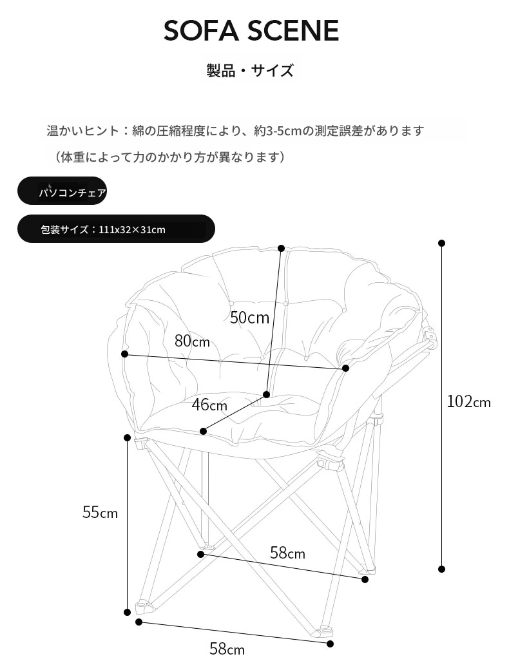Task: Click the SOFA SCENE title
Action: [x=251, y=31]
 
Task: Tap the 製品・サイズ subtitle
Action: [x=250, y=70]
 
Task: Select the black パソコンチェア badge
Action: [x=62, y=191]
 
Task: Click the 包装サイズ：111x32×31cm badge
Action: [x=116, y=229]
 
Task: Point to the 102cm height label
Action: [x=468, y=401]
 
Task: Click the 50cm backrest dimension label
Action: [x=249, y=318]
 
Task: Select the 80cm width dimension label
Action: [x=192, y=341]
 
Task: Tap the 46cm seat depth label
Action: [x=209, y=405]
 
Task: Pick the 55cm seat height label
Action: [x=100, y=512]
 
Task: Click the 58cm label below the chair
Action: [x=227, y=649]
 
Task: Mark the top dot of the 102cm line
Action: [x=442, y=243]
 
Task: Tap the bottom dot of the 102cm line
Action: [x=442, y=569]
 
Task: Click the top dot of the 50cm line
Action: [x=281, y=248]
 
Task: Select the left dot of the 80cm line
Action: [x=125, y=354]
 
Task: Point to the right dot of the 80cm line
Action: [x=346, y=368]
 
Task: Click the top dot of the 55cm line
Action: [x=127, y=437]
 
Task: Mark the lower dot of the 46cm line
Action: [x=204, y=432]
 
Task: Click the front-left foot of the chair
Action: [x=144, y=607]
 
